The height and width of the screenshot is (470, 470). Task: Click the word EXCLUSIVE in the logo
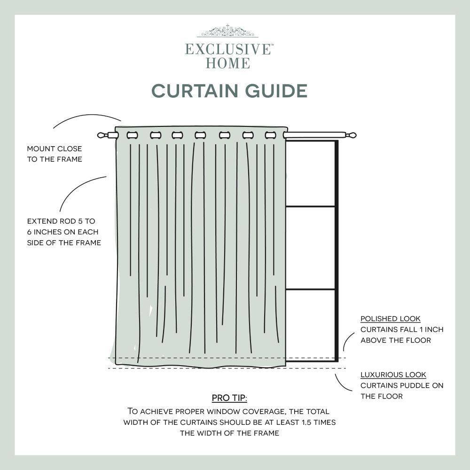(x=228, y=49)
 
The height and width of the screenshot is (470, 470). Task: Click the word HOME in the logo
(x=228, y=63)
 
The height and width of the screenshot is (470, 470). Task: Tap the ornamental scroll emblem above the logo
(x=228, y=31)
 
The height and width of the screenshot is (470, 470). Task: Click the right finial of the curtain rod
(x=351, y=135)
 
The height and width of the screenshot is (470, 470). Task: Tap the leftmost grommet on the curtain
(x=132, y=135)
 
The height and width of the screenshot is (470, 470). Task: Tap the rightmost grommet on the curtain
(x=270, y=135)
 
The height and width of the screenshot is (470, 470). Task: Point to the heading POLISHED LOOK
(x=391, y=319)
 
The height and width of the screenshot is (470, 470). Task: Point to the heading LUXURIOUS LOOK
(x=393, y=375)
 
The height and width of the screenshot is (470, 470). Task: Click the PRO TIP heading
(x=229, y=399)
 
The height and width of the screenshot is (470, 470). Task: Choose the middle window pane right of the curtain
(x=310, y=248)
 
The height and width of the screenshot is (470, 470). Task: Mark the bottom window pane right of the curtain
(x=310, y=324)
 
